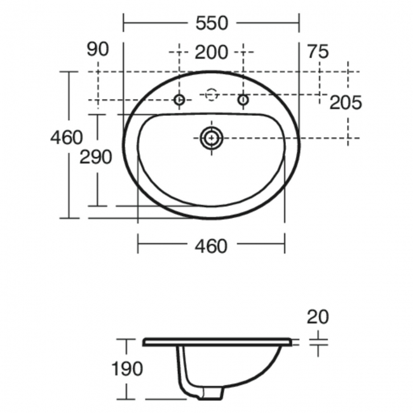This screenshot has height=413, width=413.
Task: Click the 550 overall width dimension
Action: [x=211, y=24]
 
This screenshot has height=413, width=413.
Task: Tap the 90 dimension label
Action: [x=98, y=50]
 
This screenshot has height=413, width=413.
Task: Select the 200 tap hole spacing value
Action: [x=211, y=52]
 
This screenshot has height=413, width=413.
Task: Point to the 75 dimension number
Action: [x=317, y=51]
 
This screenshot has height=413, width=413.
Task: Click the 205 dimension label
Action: [x=345, y=102]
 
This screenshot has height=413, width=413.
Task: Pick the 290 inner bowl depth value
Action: [x=95, y=157]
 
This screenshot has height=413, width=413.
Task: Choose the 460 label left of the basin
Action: [x=67, y=137]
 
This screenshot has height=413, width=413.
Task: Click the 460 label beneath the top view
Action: [x=211, y=246]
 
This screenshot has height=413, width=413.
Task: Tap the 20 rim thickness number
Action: [x=318, y=316]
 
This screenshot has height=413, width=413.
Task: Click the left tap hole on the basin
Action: [x=180, y=100]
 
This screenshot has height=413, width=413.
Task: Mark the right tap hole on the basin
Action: [x=243, y=100]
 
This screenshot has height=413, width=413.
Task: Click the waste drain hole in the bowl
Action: [x=211, y=137]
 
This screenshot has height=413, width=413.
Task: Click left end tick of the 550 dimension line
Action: [x=123, y=24]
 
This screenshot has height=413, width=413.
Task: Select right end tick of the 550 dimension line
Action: [x=299, y=24]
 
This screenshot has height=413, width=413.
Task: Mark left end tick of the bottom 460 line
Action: [x=138, y=242]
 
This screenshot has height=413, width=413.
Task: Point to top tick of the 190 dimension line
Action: [x=127, y=339]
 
